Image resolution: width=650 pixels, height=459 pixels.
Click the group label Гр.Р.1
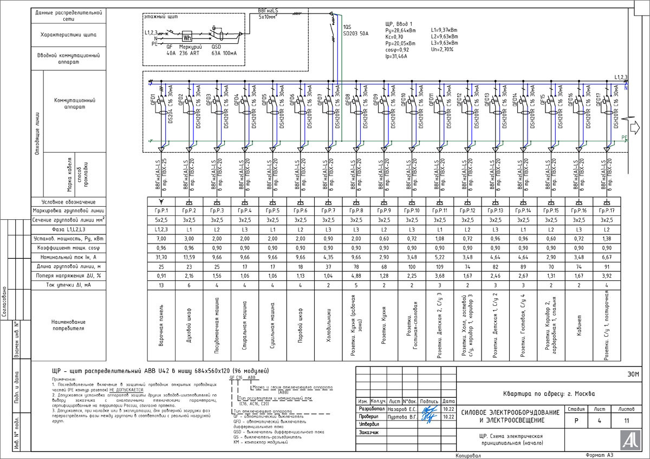(161, 211)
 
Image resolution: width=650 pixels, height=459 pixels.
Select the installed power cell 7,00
(161, 238)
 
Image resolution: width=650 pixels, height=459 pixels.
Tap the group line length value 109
(440, 266)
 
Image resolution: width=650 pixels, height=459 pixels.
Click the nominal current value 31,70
(161, 257)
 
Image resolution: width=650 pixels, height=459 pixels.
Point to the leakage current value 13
(161, 285)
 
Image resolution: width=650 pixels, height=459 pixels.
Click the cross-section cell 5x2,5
(161, 220)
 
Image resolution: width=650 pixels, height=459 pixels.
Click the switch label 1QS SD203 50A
(355, 30)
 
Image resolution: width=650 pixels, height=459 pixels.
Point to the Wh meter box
(187, 38)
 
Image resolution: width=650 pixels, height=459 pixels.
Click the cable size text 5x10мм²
(268, 17)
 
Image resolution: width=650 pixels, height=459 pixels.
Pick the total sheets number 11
(627, 421)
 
